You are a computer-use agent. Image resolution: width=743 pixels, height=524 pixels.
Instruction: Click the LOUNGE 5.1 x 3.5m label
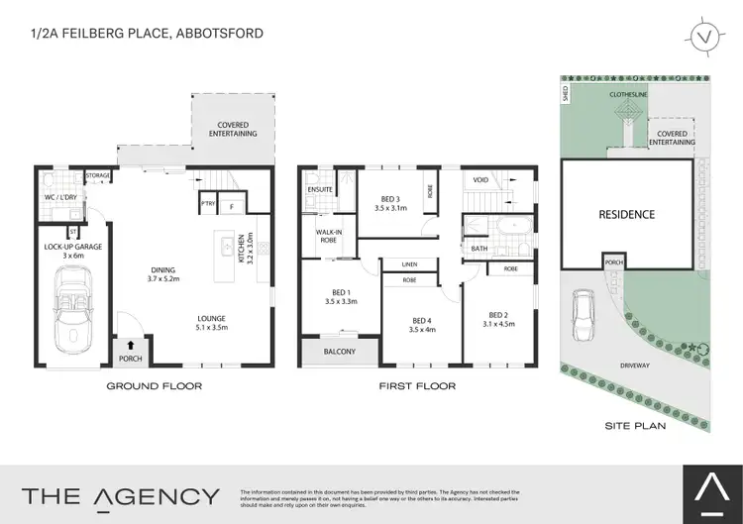click(211, 324)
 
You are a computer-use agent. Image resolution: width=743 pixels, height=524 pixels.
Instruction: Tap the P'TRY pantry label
click(208, 207)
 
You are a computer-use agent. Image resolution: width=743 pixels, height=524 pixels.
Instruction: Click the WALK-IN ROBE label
click(328, 238)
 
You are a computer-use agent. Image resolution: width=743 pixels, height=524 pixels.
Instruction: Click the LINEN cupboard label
click(408, 264)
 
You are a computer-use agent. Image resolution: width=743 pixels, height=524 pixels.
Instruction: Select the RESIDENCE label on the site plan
click(626, 215)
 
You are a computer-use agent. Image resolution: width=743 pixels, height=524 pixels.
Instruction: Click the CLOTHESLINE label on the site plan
click(629, 95)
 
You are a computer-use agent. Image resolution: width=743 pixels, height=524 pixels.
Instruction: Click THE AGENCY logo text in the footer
click(122, 495)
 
